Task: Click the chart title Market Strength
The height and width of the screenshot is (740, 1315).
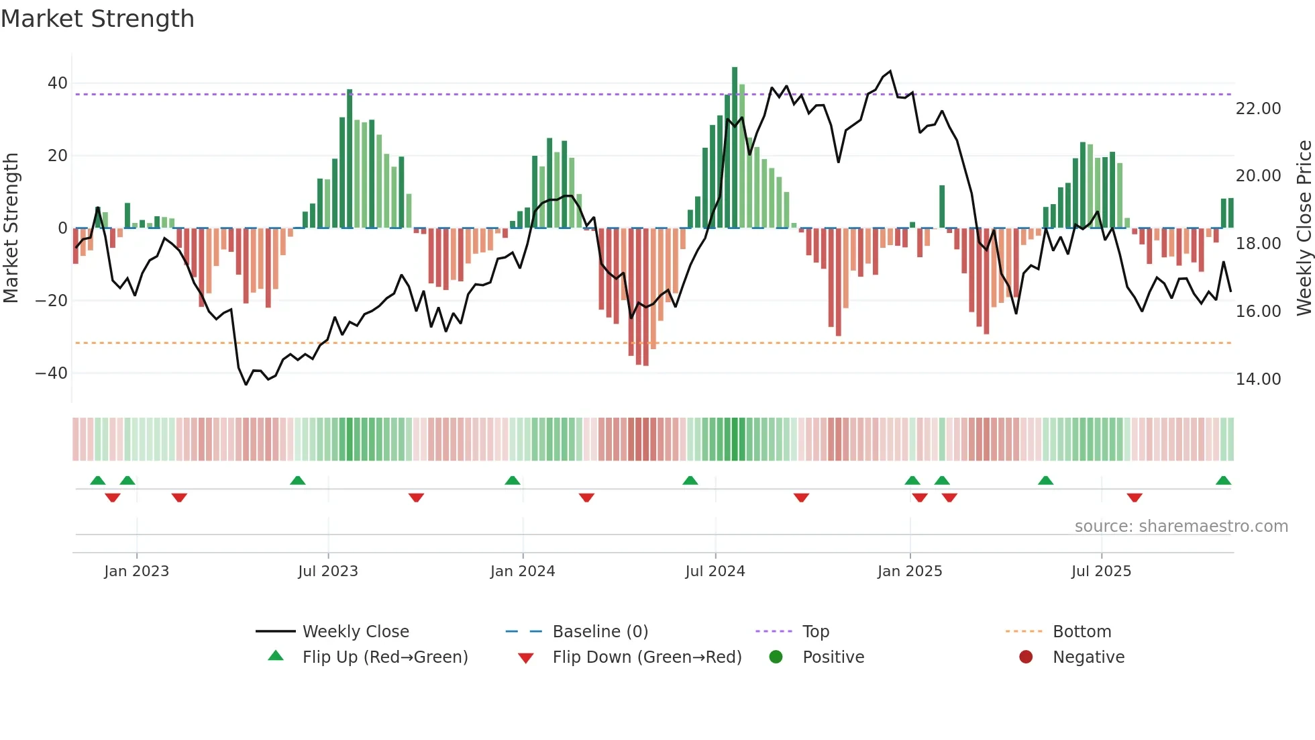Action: coord(97,19)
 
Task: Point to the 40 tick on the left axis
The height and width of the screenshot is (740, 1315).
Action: coord(58,83)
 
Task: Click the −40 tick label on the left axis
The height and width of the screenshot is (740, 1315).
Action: coord(52,373)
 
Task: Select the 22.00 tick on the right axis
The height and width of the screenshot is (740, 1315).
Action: coord(1258,109)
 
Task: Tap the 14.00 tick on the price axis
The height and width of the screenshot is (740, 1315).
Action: coord(1258,379)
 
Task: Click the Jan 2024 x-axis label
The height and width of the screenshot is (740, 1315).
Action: coord(523,571)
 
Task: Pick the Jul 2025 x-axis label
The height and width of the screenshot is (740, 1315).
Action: coord(1101,571)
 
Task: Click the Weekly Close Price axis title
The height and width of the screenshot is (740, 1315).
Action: coord(1304,228)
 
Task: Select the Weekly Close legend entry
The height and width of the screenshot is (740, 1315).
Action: coord(355,632)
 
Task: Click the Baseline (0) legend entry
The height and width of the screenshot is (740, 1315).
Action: coord(600,632)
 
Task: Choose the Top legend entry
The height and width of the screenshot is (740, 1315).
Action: coord(816,632)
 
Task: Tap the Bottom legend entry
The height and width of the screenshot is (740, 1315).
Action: coord(1082,632)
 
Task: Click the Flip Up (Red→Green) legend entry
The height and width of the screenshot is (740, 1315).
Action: coord(384,657)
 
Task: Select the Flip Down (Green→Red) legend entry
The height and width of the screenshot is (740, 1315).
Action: coord(647,657)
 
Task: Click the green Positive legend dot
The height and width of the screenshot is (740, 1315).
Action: coord(776,657)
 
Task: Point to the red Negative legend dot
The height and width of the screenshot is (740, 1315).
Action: coord(1026,657)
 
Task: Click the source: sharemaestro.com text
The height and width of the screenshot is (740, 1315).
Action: coord(1181,526)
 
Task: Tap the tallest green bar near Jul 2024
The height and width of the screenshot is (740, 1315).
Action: coord(735,148)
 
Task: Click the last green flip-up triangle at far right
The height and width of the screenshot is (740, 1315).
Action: coord(1223,481)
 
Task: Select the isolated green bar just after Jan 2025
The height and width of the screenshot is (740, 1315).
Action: coord(942,207)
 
